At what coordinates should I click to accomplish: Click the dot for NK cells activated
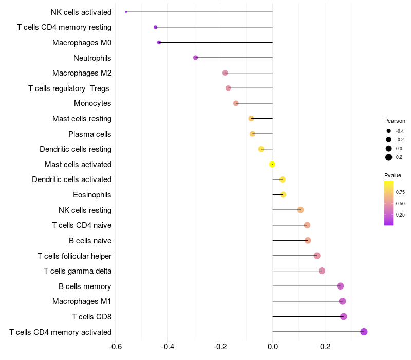pos(126,12)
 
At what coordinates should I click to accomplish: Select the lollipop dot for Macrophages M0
pos(159,42)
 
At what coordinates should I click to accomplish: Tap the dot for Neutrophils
pos(195,58)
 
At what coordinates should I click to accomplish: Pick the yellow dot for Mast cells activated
pos(272,164)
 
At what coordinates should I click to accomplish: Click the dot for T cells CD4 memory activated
pos(364,332)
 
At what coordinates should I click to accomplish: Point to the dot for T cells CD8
pos(343,316)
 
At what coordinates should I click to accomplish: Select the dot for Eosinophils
pos(283,194)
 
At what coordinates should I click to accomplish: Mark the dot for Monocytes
pos(236,103)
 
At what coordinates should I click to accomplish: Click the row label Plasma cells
pos(90,134)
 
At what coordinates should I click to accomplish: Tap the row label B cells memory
pos(85,286)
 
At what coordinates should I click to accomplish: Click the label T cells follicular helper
pos(74,256)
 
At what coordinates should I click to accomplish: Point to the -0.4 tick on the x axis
pos(167,346)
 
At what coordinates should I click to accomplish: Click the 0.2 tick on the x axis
pos(325,346)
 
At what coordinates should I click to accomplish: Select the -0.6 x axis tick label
pos(115,346)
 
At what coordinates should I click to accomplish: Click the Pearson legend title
pos(395,121)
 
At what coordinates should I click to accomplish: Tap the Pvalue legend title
pos(393,175)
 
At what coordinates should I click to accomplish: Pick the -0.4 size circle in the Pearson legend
pos(389,131)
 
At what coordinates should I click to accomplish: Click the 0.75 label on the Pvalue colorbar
pos(400,192)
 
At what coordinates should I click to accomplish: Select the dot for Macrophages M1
pos(342,301)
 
